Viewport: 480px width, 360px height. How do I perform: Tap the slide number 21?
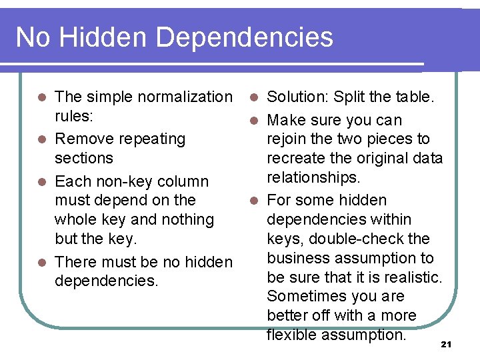click(x=447, y=344)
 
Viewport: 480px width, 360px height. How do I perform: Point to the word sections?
click(x=84, y=158)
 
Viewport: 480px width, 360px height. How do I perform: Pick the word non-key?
click(x=125, y=181)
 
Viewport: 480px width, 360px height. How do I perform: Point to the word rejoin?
click(x=287, y=139)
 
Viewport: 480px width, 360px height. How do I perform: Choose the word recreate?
click(x=295, y=158)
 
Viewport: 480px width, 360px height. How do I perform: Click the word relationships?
click(x=313, y=177)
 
